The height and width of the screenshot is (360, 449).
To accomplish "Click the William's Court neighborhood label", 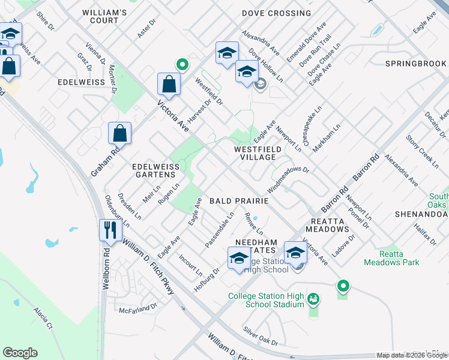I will click(105, 16).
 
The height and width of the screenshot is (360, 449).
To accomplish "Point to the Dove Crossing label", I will click(276, 13).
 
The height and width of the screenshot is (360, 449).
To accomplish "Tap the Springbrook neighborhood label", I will click(415, 64).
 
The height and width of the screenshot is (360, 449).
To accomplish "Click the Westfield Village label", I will click(255, 152).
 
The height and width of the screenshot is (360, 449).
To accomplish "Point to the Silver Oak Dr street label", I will click(261, 337).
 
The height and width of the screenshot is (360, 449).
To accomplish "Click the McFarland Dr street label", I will click(137, 308).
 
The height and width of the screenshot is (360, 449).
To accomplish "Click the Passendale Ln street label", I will click(219, 230).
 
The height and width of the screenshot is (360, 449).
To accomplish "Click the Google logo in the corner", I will click(20, 353).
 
